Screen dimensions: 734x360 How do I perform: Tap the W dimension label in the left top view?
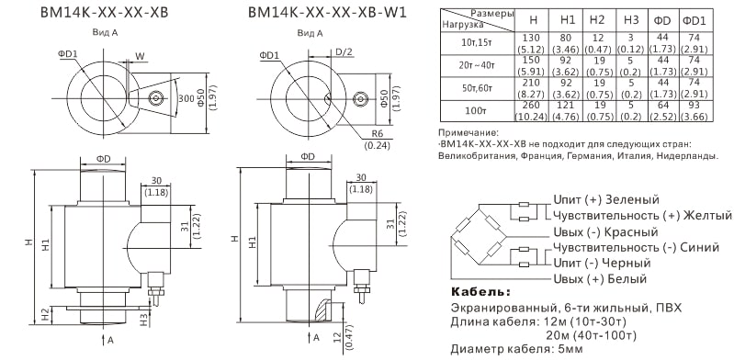point(140,56)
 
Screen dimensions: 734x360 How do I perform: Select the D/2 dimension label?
point(344,52)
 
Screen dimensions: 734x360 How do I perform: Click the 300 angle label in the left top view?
point(186,98)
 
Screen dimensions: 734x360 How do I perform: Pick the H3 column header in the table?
point(631,19)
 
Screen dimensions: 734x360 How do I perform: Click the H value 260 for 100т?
point(531,106)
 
